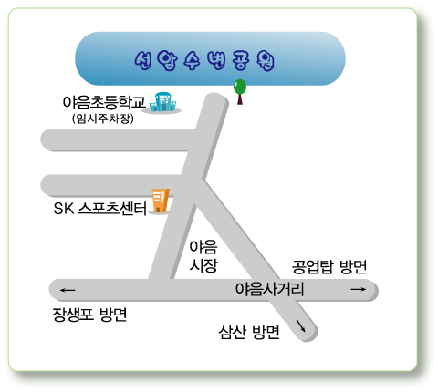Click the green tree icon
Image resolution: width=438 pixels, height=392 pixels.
pyautogui.click(x=240, y=92)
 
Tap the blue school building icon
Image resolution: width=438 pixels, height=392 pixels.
pyautogui.click(x=162, y=102)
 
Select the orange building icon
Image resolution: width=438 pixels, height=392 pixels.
pyautogui.click(x=161, y=201)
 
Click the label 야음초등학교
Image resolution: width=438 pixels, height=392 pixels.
pyautogui.click(x=104, y=102)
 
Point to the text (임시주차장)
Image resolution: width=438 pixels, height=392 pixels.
pyautogui.click(x=103, y=119)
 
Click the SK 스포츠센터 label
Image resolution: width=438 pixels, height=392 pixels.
pyautogui.click(x=100, y=209)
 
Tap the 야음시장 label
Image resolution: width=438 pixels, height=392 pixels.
pyautogui.click(x=203, y=256)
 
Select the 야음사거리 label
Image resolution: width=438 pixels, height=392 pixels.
pyautogui.click(x=269, y=289)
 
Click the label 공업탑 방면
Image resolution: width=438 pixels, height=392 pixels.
pyautogui.click(x=329, y=267)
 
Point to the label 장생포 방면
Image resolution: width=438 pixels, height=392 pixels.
pyautogui.click(x=89, y=315)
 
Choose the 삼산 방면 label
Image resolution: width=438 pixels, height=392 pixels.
pyautogui.click(x=249, y=332)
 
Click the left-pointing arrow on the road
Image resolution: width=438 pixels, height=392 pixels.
pyautogui.click(x=68, y=290)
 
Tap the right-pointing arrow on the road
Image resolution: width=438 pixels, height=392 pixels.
pyautogui.click(x=359, y=289)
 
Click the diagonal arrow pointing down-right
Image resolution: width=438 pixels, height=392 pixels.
pyautogui.click(x=301, y=325)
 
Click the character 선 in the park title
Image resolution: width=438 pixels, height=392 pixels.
pyautogui.click(x=143, y=60)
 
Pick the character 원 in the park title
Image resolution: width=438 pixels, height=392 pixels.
pyautogui.click(x=266, y=60)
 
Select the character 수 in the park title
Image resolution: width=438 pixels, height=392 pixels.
pyautogui.click(x=192, y=60)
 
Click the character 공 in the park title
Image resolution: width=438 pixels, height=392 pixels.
pyautogui.click(x=241, y=60)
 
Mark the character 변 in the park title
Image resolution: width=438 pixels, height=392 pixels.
pyautogui.click(x=216, y=60)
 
